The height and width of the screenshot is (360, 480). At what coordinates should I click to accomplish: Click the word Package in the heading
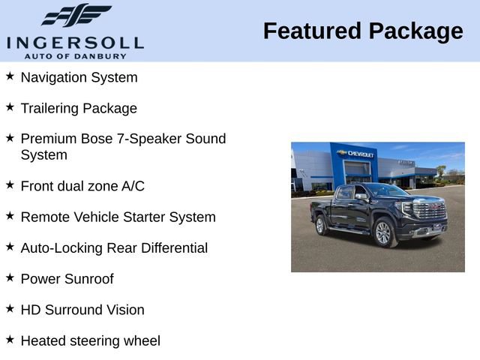[x=416, y=31]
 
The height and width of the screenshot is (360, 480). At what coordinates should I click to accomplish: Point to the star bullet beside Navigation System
[x=10, y=76]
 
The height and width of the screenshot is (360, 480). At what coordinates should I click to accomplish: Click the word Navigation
[x=55, y=77]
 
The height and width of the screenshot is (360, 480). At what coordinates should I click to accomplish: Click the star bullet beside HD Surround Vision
[x=10, y=309]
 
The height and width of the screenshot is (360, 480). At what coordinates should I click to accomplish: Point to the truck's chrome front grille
[x=430, y=211]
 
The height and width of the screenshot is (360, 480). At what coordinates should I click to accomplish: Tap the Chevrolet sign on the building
[x=357, y=154]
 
